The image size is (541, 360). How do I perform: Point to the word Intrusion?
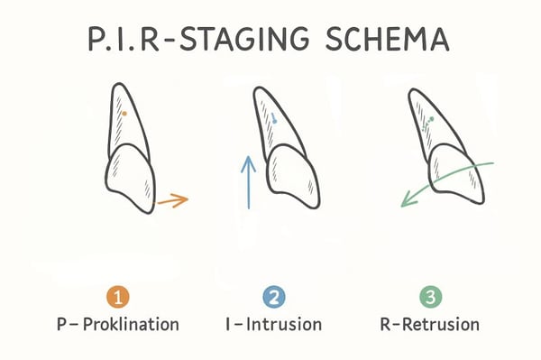(287, 323)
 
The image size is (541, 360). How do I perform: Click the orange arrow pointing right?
(172, 201)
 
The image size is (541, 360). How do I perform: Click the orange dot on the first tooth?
(124, 114)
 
